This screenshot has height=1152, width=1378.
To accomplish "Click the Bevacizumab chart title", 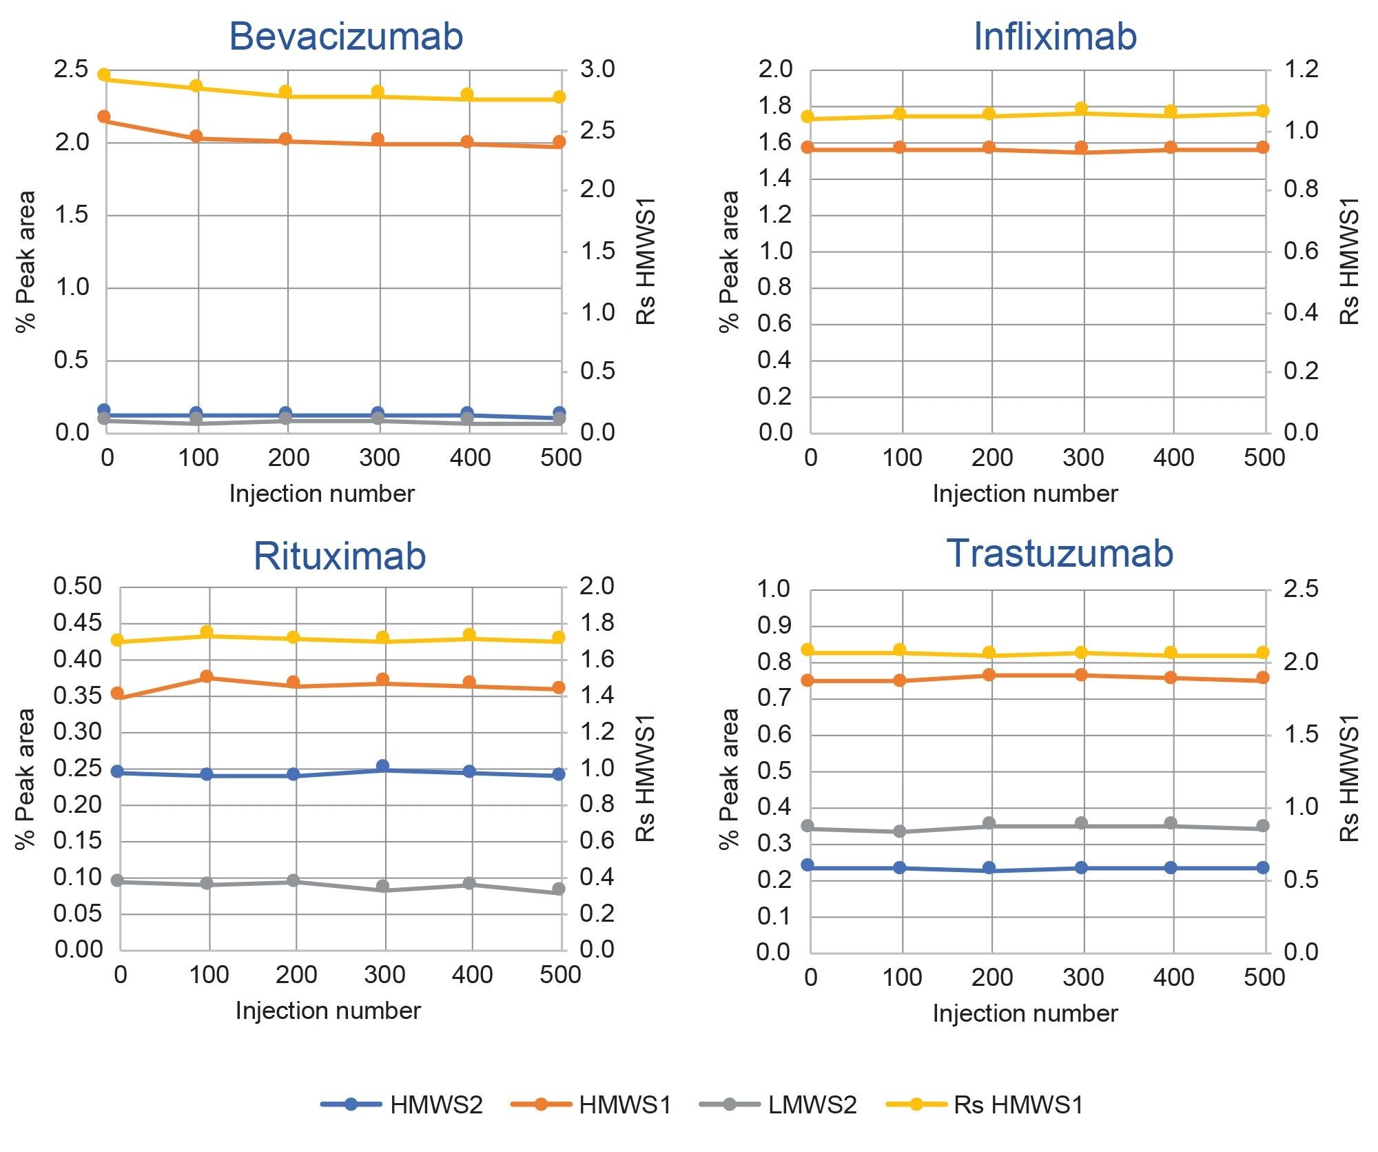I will tap(346, 36).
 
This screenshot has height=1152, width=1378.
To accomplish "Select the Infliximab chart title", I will tap(1054, 36).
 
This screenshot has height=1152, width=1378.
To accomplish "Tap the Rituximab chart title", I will tap(340, 556).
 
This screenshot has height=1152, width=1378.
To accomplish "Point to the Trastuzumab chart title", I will tap(1060, 553).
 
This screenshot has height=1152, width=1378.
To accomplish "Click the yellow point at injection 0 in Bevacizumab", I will tap(104, 74).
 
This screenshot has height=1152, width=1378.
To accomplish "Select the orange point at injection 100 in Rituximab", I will tap(206, 676).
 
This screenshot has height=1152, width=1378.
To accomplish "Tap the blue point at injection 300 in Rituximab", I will tap(383, 766).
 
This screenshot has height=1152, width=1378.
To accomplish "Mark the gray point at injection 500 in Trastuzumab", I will tap(1263, 826).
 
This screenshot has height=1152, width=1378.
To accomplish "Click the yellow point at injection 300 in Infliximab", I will tap(1081, 108).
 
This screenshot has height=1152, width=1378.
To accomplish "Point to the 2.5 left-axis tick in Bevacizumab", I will tap(72, 69).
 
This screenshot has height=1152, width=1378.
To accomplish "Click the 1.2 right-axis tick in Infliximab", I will tap(1301, 69).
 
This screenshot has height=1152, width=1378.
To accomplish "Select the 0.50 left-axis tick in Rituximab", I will tap(77, 586).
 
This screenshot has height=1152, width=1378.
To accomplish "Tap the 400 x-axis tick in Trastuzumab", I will tap(1173, 977).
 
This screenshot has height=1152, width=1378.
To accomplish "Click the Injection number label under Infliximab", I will tap(1025, 494).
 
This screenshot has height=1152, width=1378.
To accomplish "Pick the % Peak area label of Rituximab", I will tap(25, 778).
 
